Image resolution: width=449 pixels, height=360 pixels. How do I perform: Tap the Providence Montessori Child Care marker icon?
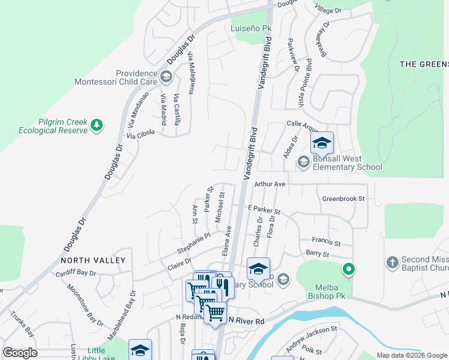click(166, 77)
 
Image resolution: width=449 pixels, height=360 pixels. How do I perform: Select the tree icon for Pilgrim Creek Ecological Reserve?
click(96, 125)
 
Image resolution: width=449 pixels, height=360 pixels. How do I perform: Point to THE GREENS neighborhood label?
click(424, 64)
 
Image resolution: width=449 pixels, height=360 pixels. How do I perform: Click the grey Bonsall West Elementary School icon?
click(304, 161)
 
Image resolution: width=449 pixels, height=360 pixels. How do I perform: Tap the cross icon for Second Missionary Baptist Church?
click(392, 262)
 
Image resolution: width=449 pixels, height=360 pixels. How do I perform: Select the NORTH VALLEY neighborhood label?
click(93, 260)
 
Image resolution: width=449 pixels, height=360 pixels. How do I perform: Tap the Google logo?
click(20, 353)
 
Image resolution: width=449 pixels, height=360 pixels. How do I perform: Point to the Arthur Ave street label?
click(270, 184)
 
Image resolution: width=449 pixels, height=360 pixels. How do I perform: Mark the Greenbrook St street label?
click(343, 199)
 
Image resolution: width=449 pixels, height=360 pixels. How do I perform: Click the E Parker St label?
click(264, 210)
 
